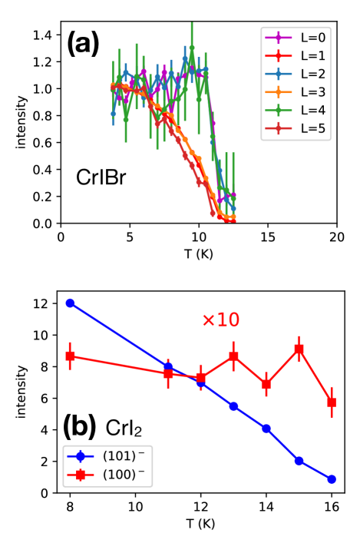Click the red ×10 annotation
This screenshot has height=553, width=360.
pos(222,320)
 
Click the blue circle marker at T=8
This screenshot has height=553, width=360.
pos(71,303)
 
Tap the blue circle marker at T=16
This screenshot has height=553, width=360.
pos(332,479)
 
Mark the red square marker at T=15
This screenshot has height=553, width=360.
pos(299,349)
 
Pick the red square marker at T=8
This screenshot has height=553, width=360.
pos(71,356)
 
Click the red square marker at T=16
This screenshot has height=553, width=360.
pos(332,402)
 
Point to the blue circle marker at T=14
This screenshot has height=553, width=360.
pos(266,429)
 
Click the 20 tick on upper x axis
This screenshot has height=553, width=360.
pos(336,237)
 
